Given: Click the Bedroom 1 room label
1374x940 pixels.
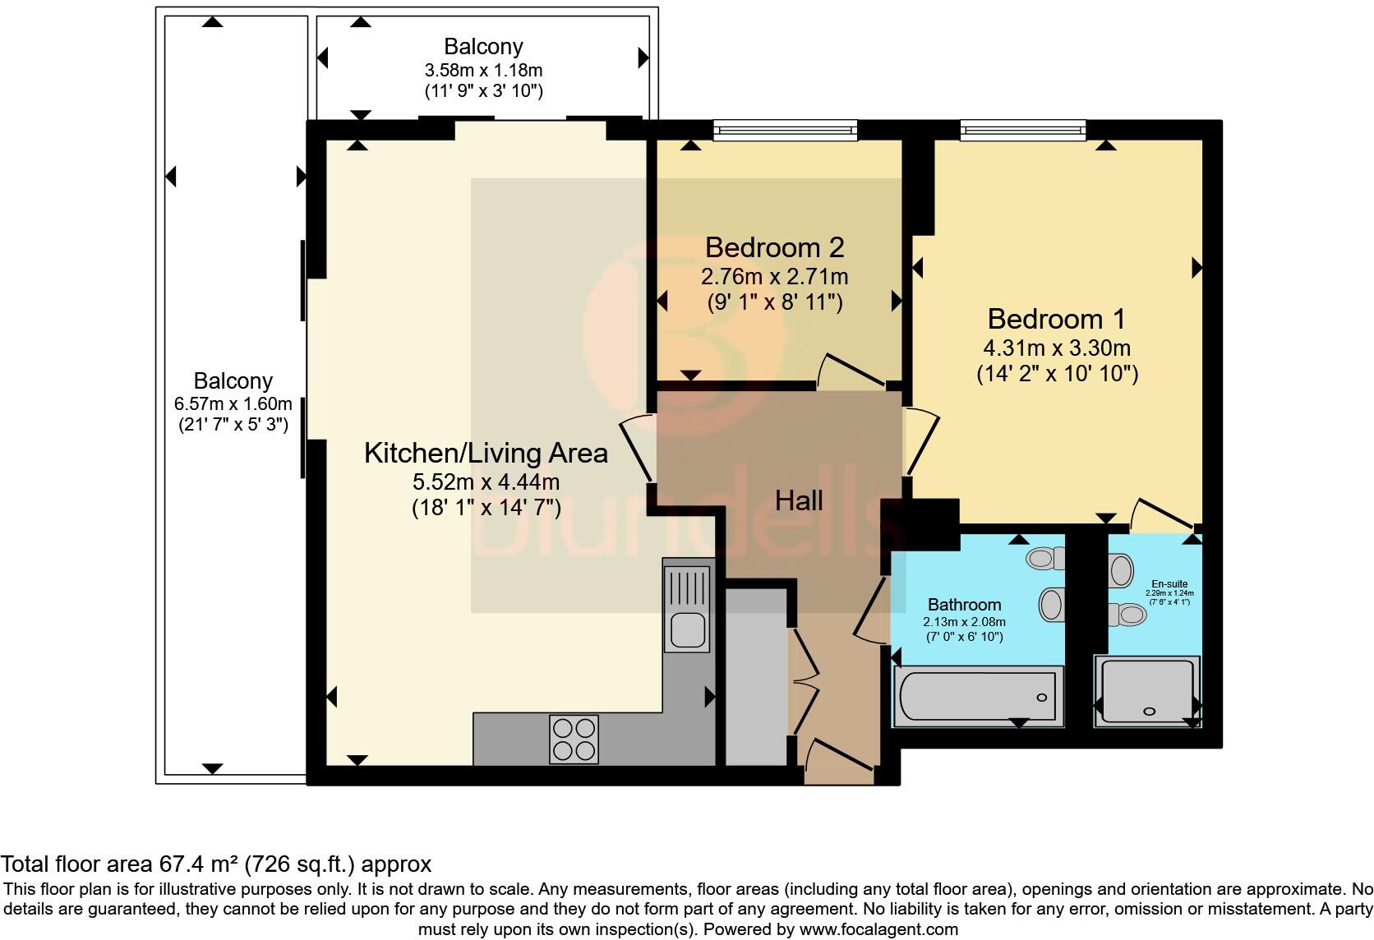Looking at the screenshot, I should pyautogui.click(x=1056, y=319).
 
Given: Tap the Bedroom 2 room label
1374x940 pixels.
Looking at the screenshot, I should pyautogui.click(x=774, y=247).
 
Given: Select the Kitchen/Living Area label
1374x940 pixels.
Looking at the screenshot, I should pyautogui.click(x=486, y=453).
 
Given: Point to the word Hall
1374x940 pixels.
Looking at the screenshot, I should pyautogui.click(x=799, y=500).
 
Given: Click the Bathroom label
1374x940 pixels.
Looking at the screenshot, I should pyautogui.click(x=964, y=605).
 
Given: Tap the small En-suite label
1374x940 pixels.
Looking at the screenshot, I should pyautogui.click(x=1168, y=584).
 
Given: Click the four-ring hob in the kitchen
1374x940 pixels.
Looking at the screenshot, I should pyautogui.click(x=574, y=740).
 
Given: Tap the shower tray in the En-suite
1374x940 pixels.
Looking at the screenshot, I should pyautogui.click(x=1147, y=693).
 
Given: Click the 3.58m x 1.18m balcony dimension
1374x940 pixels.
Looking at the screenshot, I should pyautogui.click(x=483, y=71).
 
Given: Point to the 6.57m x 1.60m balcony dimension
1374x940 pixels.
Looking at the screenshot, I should pyautogui.click(x=233, y=403).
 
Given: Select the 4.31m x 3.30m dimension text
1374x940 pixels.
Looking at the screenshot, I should pyautogui.click(x=1056, y=348).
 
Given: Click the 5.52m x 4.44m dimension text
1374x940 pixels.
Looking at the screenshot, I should pyautogui.click(x=486, y=482).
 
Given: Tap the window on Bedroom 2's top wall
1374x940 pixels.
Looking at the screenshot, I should pyautogui.click(x=785, y=129).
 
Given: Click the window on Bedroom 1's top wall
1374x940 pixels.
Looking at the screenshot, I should pyautogui.click(x=1022, y=129).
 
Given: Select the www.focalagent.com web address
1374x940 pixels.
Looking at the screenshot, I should pyautogui.click(x=878, y=930).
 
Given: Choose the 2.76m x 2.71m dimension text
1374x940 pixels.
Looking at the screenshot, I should pyautogui.click(x=774, y=277).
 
